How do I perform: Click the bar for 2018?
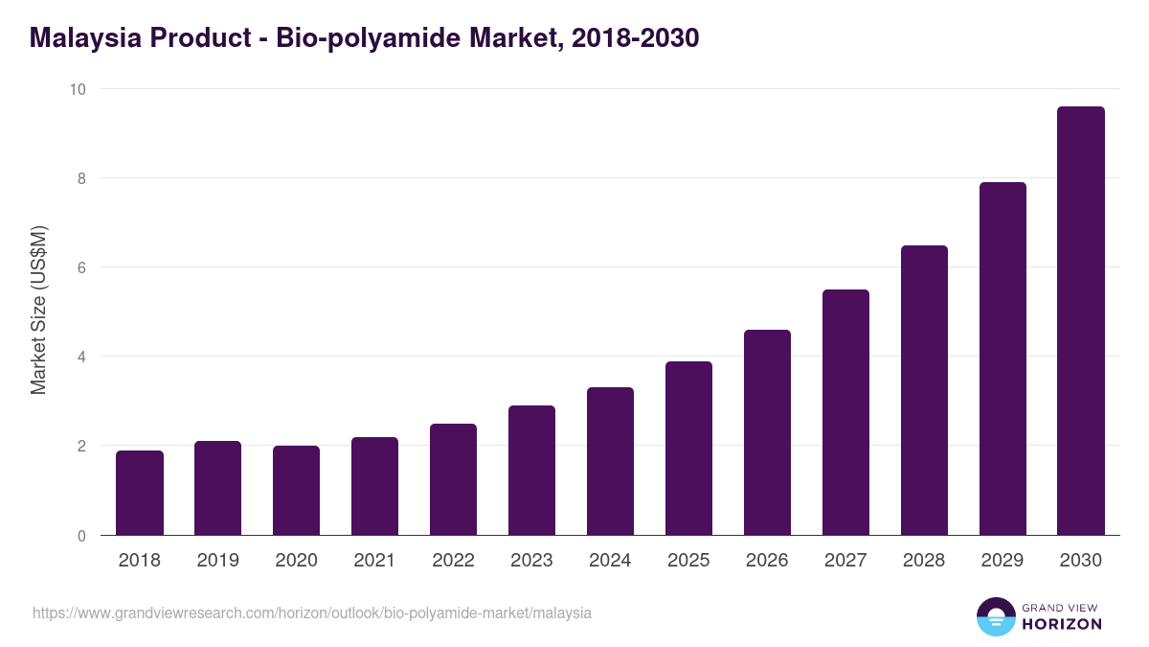pos(140,493)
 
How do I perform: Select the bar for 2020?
pos(297,491)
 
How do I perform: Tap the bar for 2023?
pos(531,471)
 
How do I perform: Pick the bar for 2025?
pos(688,449)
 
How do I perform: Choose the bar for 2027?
pos(845,412)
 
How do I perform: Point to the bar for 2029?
pos(1003,358)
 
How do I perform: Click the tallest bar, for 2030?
pos(1081,321)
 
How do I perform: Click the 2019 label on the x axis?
pos(218,561)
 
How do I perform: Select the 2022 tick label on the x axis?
pos(453,561)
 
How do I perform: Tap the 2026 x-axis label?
pos(767,561)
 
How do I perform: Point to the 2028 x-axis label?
pos(924,561)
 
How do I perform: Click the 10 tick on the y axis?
pos(78,89)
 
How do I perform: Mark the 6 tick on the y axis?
pos(81,267)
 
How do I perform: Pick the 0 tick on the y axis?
pos(81,536)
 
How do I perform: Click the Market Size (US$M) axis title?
pos(38,312)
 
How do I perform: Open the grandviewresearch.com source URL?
pos(312,612)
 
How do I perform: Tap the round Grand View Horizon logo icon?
pos(995,616)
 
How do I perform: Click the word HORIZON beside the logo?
pos(1062,624)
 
